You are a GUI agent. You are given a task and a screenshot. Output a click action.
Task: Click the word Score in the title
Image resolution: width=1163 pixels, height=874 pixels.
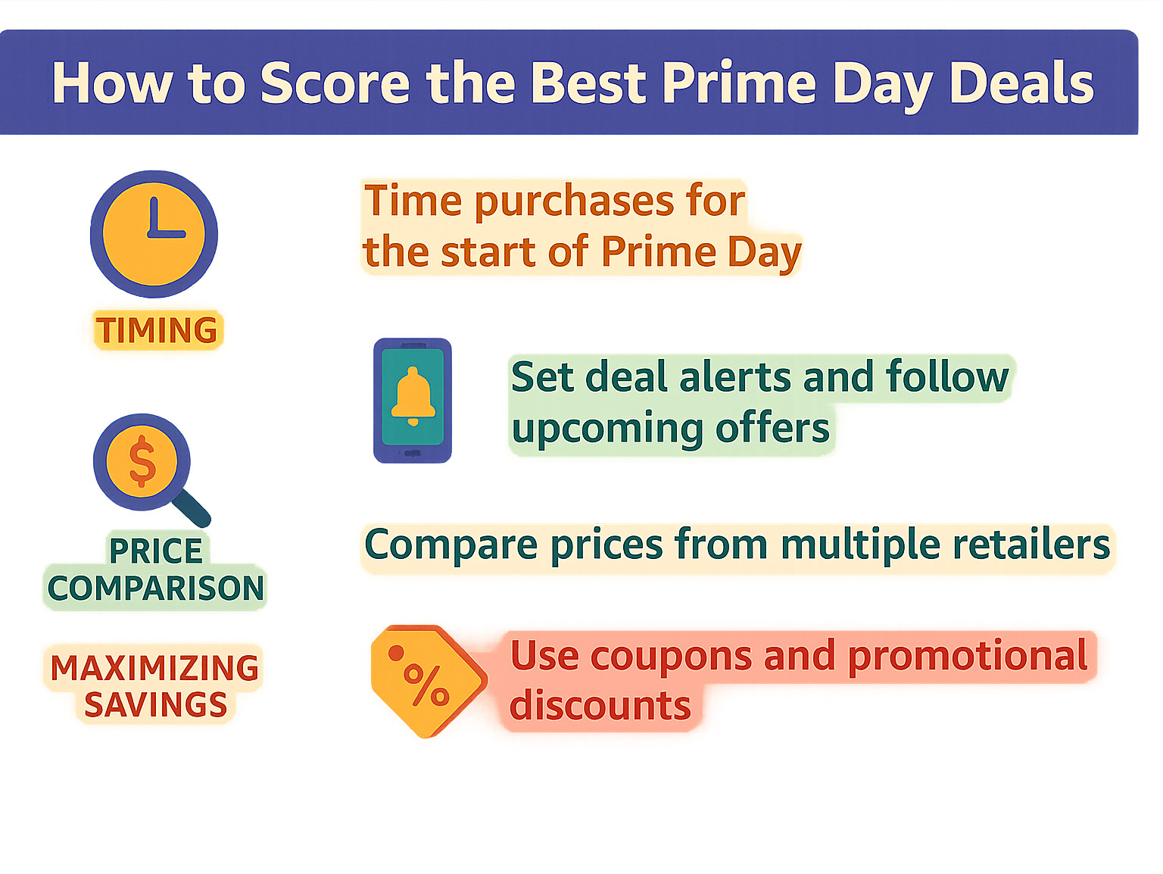click(335, 83)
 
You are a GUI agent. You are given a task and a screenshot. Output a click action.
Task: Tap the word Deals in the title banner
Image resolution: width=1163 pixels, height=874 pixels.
click(1021, 83)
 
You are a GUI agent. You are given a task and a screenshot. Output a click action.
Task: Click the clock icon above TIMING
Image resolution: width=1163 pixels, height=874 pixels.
click(154, 234)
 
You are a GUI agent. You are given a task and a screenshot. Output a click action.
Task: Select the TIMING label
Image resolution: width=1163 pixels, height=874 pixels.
click(157, 329)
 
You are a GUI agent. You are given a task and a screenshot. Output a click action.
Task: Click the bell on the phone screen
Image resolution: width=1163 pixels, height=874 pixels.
click(413, 396)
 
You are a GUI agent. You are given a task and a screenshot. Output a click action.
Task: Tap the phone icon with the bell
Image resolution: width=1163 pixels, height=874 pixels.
click(412, 401)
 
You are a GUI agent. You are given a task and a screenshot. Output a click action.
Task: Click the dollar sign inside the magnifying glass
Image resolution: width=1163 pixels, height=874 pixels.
click(142, 460)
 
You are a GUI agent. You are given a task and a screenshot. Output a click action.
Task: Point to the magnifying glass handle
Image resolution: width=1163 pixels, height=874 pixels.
click(191, 507)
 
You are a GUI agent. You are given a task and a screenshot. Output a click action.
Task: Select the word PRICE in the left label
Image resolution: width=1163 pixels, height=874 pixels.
click(156, 551)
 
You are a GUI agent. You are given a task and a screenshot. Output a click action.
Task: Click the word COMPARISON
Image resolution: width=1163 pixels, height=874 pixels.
click(156, 588)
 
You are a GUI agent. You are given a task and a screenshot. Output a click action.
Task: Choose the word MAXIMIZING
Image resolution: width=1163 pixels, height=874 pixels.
click(154, 668)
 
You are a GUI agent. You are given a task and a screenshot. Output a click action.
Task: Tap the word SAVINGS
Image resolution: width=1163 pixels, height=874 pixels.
click(156, 704)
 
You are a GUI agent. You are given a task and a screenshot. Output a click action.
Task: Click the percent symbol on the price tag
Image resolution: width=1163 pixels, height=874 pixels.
click(427, 685)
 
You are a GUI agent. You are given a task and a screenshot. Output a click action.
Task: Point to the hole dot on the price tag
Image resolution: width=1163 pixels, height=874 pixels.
click(396, 653)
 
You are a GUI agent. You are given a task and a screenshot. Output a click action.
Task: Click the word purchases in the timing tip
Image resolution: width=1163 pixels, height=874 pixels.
click(575, 202)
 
